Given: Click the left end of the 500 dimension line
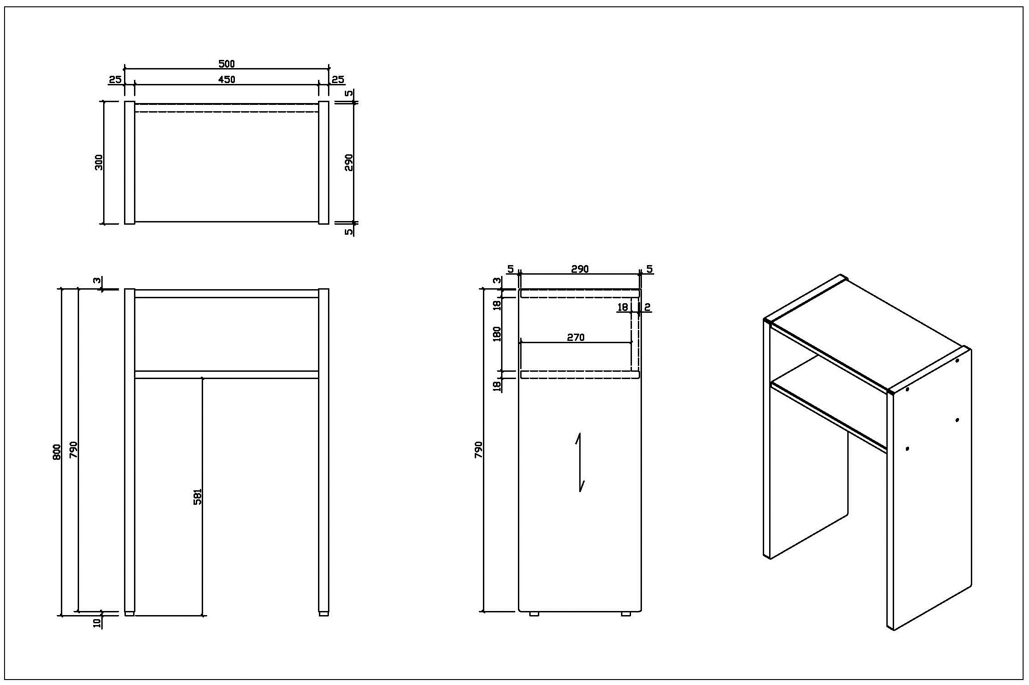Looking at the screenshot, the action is coord(125,69).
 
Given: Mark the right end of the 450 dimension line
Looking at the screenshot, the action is coord(319,84).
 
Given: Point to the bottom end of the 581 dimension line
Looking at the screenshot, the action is coord(202,616).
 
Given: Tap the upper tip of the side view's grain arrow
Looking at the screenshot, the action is coord(579,434).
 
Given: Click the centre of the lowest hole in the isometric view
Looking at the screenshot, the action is coord(907,449).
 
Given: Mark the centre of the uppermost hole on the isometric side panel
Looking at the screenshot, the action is coord(957,360).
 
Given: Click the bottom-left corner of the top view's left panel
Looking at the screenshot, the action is coord(125,224).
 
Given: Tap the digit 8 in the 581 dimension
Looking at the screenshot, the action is coord(198,497).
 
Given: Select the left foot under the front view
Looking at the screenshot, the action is coord(129,614).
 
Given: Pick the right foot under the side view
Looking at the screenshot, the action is coord(626,614).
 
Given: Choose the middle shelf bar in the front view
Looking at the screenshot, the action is coord(227,375).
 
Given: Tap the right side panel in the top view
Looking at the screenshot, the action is coord(323,163).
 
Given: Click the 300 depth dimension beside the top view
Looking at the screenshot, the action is coord(99,163).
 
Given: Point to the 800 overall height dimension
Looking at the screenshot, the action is coord(57,452).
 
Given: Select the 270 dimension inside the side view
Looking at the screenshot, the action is coord(576,337).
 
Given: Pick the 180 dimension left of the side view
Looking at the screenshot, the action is coord(497,334).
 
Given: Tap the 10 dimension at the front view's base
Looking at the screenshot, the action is coord(97,623).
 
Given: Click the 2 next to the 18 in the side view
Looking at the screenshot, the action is coord(647,307).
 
